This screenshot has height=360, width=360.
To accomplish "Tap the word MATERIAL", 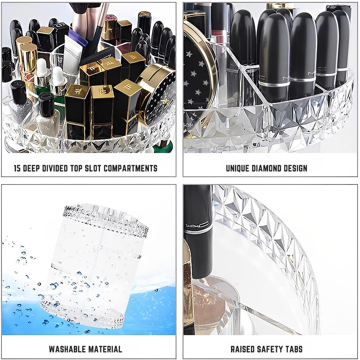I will pos(105,349).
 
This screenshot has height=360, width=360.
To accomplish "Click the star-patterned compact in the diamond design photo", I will pos(196,77).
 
